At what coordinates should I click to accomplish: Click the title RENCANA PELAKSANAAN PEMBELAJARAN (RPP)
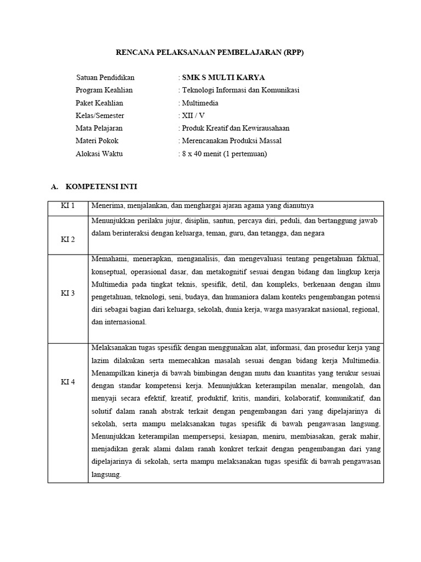[210, 53]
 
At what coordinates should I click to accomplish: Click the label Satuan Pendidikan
[105, 77]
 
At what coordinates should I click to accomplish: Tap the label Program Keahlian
[104, 90]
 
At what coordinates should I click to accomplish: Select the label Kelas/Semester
[100, 115]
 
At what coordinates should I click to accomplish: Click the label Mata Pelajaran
[99, 128]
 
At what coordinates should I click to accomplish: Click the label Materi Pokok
[97, 140]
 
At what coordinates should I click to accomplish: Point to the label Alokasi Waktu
[99, 154]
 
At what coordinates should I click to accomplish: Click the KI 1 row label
[67, 206]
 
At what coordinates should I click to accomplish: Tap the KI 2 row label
[67, 240]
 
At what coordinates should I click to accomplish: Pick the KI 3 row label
[67, 294]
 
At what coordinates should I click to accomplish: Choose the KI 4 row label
[67, 382]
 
